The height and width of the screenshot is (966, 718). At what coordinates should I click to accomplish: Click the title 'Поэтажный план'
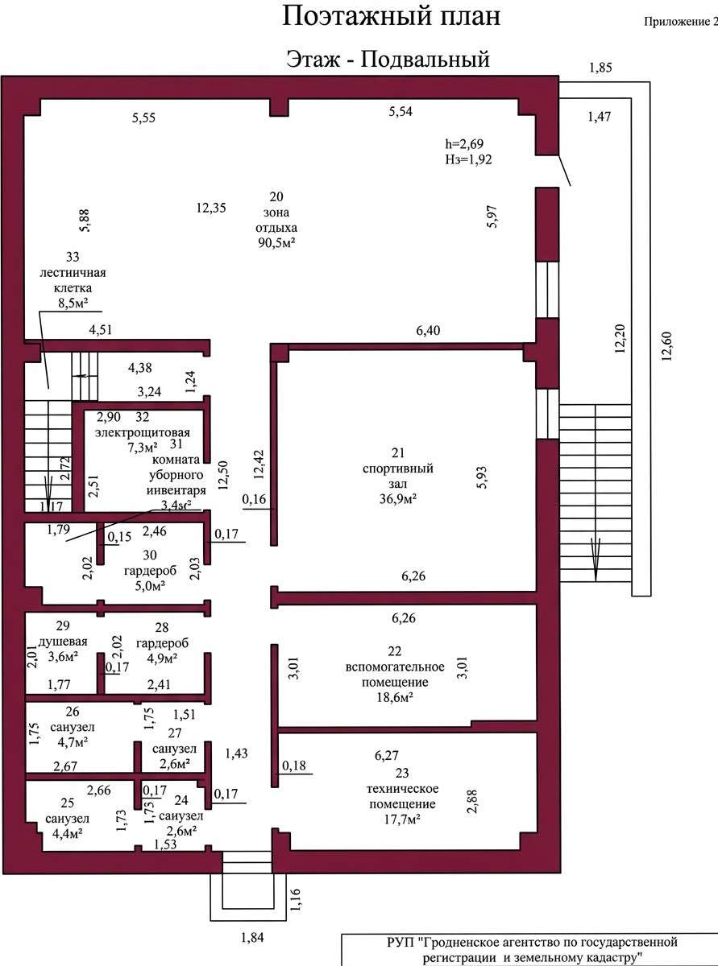click(391, 18)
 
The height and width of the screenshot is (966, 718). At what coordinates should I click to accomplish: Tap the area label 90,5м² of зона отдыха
click(276, 242)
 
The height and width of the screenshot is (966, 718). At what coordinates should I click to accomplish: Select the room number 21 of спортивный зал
click(398, 453)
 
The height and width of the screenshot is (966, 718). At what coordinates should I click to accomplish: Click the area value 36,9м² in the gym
click(397, 498)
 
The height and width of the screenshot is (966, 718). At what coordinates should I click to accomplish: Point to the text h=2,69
click(464, 144)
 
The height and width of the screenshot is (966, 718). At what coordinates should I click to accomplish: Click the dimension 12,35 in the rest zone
click(211, 208)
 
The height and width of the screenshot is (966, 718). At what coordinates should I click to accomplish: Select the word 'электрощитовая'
click(143, 432)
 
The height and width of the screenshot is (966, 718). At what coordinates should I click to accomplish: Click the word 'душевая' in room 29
click(63, 642)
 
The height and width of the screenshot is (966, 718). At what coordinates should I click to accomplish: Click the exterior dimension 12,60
click(666, 347)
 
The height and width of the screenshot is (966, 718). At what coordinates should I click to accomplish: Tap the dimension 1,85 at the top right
click(600, 68)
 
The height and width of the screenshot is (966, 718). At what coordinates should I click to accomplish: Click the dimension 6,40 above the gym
click(428, 331)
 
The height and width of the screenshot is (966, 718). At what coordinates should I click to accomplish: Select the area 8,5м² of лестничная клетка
click(73, 303)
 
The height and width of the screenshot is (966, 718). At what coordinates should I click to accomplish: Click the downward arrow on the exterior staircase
click(596, 559)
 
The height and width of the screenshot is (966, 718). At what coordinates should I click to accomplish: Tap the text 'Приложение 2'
click(681, 23)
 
